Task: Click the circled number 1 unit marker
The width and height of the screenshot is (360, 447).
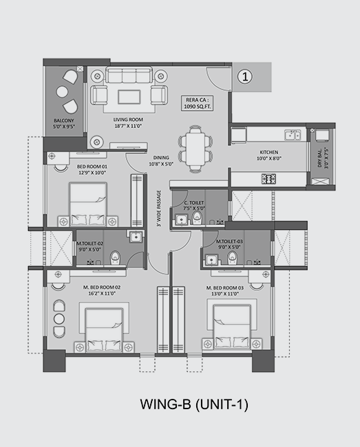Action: coord(245,76)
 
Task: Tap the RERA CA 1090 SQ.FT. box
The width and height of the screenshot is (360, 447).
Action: coord(198,103)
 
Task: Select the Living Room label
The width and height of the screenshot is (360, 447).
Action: coord(128,122)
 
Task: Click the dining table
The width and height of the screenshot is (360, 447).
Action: coord(195,149)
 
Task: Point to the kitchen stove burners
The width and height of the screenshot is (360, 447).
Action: coord(268,179)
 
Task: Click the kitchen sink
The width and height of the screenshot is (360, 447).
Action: coord(292,135)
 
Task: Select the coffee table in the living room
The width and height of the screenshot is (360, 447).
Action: coord(129,97)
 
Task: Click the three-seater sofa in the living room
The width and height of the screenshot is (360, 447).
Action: coord(129,75)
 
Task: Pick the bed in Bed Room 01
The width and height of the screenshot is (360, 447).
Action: coord(88,204)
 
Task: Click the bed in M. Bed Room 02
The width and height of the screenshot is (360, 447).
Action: coord(104,329)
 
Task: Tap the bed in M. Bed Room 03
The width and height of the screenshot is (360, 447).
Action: coord(232,327)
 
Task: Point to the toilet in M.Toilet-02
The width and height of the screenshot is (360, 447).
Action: coord(115,257)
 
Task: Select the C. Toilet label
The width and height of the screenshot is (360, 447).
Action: coord(194,206)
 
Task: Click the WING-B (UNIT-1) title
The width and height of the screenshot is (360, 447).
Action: coord(194,404)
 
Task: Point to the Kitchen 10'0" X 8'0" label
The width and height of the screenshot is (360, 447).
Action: coord(269,155)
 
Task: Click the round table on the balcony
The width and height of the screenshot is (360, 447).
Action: coord(62,91)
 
